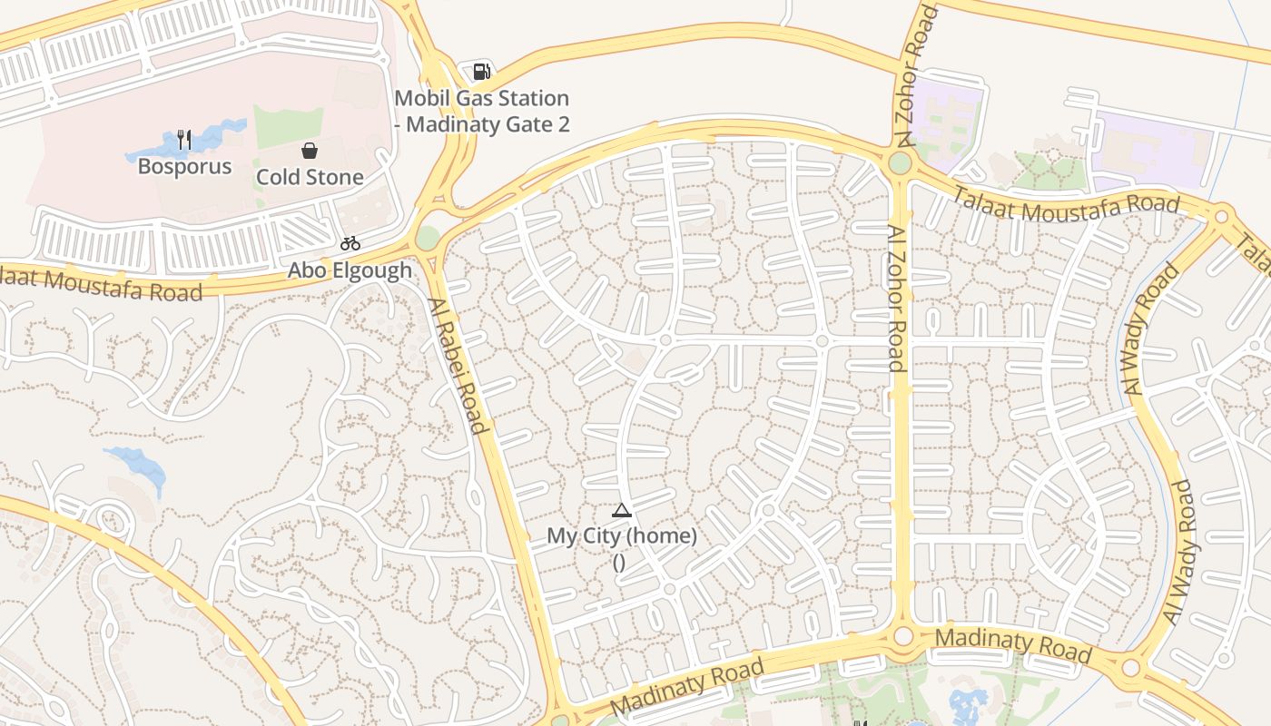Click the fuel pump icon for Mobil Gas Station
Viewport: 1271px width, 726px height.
point(481,71)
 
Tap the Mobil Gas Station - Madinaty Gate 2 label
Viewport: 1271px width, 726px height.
point(482,111)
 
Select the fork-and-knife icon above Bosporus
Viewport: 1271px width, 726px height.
point(184,139)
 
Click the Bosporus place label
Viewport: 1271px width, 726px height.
point(184,167)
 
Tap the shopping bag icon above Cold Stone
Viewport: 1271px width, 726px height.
point(310,150)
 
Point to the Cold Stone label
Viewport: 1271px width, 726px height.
point(310,177)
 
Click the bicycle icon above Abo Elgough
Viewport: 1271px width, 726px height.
point(350,243)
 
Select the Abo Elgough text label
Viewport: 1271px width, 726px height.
point(350,270)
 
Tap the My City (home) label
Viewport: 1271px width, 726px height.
point(622,536)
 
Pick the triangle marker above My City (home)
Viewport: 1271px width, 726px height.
point(621,510)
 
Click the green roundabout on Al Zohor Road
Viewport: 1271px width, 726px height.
point(900,163)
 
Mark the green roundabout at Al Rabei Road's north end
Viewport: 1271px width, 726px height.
point(428,238)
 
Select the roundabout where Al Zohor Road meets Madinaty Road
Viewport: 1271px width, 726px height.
point(902,635)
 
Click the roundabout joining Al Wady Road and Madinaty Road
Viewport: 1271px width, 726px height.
point(1130,669)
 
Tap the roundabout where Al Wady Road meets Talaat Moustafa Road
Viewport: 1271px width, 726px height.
point(1221,217)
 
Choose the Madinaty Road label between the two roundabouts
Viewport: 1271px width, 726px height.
point(1012,644)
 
